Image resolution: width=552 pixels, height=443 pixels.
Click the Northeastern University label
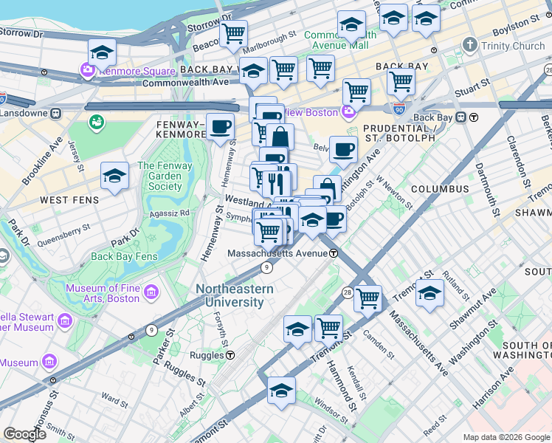click(234, 296)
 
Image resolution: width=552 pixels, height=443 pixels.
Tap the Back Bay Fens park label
click(124, 257)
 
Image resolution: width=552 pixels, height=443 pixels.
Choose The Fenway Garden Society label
click(164, 176)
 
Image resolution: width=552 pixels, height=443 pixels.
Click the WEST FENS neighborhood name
click(65, 200)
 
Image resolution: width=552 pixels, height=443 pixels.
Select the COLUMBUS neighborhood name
click(440, 189)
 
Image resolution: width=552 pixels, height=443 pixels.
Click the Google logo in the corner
click(24, 434)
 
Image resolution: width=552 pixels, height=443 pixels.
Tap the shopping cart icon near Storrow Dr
click(233, 32)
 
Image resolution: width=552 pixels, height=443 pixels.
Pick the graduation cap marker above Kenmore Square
click(102, 52)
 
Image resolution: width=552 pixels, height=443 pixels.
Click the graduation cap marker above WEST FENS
click(114, 176)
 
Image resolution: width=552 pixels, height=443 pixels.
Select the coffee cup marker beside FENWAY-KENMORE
click(220, 127)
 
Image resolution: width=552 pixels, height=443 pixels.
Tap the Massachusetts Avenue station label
click(277, 253)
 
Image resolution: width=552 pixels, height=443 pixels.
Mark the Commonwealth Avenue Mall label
click(341, 40)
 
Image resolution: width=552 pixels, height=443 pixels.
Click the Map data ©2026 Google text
click(506, 437)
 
